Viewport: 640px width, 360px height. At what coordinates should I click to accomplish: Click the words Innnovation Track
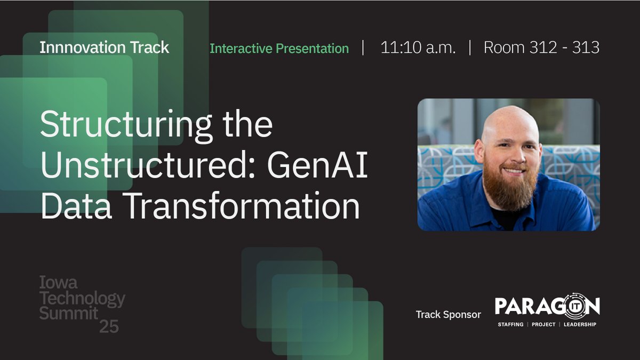point(104,47)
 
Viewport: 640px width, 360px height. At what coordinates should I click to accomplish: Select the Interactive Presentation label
point(279,49)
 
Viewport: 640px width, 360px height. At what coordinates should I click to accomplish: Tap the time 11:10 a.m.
point(418,48)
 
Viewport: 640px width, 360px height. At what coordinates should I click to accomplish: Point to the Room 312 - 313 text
point(541,48)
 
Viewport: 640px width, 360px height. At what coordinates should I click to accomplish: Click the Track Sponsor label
point(448,315)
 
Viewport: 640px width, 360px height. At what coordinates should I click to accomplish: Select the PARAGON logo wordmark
point(547,307)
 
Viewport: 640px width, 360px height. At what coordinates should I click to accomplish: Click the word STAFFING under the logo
point(510,324)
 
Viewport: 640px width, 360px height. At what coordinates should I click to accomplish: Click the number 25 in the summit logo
point(109,327)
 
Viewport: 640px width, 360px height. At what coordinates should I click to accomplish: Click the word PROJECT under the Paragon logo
point(543,324)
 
